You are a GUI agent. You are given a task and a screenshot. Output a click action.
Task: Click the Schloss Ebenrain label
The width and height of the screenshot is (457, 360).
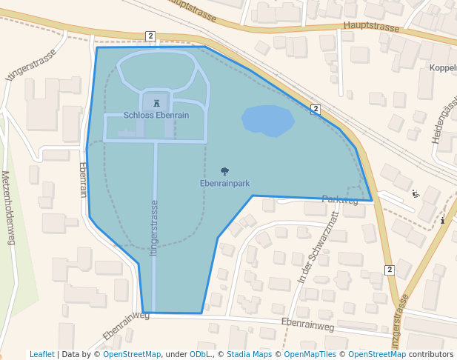click(x=156, y=116)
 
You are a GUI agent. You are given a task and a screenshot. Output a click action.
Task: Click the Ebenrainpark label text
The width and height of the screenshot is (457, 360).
click(x=225, y=183)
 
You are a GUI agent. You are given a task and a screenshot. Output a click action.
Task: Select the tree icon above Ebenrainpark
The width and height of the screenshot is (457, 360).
click(x=225, y=172)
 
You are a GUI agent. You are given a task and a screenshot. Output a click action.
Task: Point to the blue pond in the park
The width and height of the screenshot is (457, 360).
click(x=267, y=120)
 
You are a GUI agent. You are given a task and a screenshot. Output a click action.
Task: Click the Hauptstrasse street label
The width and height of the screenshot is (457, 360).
click(x=371, y=27)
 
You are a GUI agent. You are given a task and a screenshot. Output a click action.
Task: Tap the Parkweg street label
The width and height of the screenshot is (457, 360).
click(x=340, y=201)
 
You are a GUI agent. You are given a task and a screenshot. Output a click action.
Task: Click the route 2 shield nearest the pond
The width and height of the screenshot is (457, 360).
click(x=316, y=109)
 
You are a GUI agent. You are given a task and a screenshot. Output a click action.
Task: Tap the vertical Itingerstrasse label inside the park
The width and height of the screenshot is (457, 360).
click(x=154, y=228)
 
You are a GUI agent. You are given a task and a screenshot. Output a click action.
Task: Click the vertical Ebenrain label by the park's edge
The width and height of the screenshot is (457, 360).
click(x=83, y=180)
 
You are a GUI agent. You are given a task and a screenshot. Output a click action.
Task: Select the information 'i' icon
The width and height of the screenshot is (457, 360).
click(x=442, y=220)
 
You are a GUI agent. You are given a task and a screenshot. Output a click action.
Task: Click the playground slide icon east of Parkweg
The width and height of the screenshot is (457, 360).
click(x=415, y=194)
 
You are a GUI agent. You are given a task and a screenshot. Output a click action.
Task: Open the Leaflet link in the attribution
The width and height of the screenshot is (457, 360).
click(x=41, y=355)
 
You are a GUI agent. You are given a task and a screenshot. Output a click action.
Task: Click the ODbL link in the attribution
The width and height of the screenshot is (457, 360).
click(x=200, y=355)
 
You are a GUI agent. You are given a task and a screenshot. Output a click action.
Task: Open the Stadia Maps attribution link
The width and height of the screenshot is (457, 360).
click(x=249, y=355)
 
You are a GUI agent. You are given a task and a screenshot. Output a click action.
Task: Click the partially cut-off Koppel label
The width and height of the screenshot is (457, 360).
click(x=442, y=68)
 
